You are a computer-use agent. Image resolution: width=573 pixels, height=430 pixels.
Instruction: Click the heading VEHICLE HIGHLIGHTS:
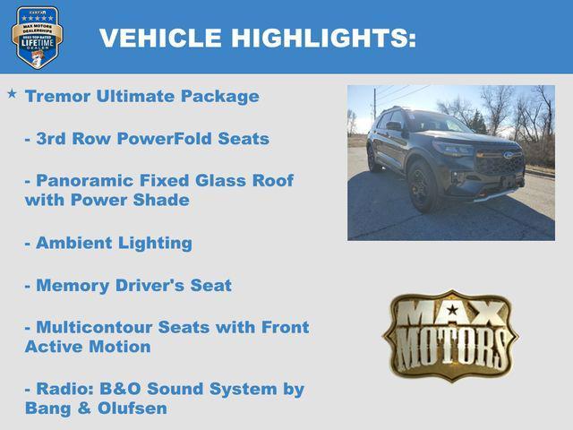tap(257, 38)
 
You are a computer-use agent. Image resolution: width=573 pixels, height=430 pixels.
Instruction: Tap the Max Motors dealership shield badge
tap(37, 38)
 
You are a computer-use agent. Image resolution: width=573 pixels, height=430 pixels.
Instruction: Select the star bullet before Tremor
tap(12, 93)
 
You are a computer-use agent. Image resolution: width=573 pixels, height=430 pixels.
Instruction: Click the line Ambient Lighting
tap(107, 243)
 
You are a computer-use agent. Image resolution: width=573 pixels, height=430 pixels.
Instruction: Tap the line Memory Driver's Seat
tap(127, 286)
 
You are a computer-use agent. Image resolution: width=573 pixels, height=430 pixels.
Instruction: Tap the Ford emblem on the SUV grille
tap(508, 155)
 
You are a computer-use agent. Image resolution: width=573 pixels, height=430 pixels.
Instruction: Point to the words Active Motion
tap(88, 347)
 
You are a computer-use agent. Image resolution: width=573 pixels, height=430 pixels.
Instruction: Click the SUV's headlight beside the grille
tap(455, 150)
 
